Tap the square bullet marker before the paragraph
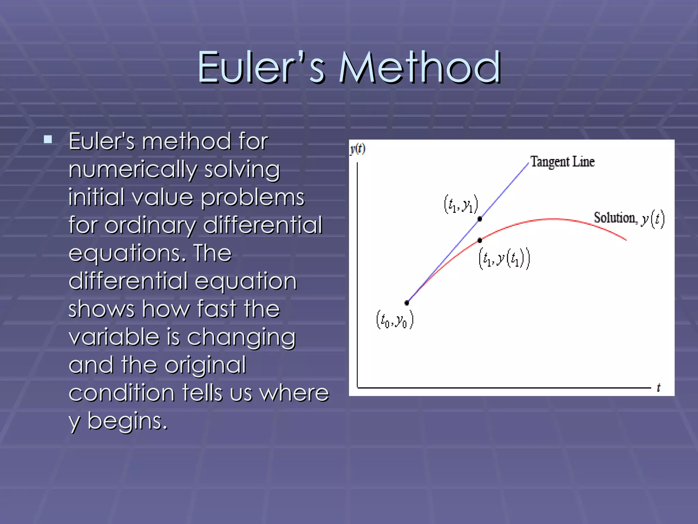click(x=48, y=139)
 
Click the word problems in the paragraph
click(x=252, y=198)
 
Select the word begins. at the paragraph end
click(x=128, y=421)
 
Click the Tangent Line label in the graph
click(x=562, y=162)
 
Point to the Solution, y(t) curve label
click(x=629, y=218)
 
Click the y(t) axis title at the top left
click(x=358, y=149)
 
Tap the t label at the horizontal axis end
click(x=658, y=388)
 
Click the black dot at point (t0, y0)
click(x=407, y=303)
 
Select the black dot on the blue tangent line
click(x=480, y=219)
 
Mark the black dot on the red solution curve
click(x=480, y=241)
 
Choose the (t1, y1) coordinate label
click(x=461, y=204)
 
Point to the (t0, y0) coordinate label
click(x=395, y=320)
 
